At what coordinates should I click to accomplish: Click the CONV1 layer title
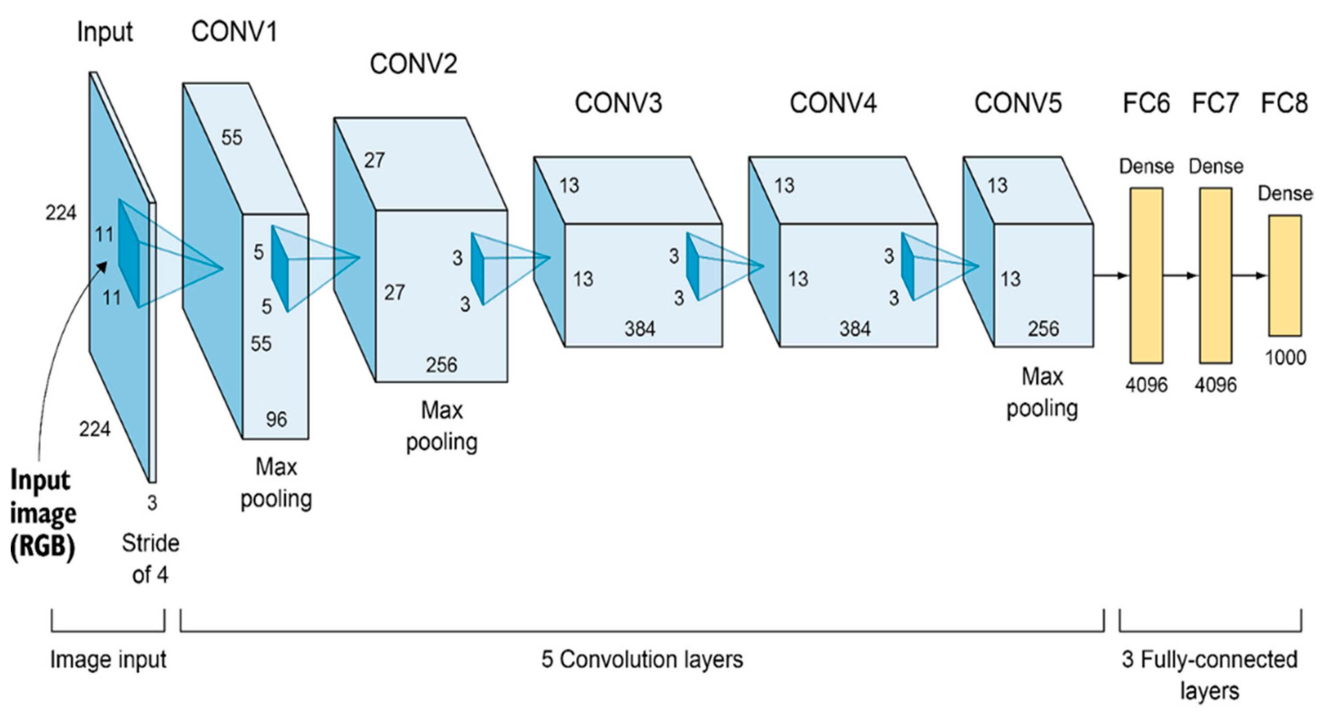(234, 32)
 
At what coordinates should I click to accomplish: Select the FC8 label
(1284, 103)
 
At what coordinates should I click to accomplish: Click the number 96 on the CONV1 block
(276, 419)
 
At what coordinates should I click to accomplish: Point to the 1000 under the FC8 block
(1285, 357)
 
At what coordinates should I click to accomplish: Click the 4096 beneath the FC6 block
(1146, 384)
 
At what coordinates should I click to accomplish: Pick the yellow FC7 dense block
(1215, 276)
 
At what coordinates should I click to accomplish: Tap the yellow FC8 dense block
(1285, 276)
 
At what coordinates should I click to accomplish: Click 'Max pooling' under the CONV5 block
(1042, 392)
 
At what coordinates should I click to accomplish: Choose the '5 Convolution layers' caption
(642, 659)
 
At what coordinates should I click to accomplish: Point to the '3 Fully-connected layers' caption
(1209, 674)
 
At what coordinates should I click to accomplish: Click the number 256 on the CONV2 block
(441, 364)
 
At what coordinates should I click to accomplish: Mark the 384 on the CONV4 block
(855, 328)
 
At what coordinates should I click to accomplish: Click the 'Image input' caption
(108, 659)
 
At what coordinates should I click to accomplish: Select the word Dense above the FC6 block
(1146, 167)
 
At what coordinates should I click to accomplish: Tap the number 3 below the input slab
(152, 503)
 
